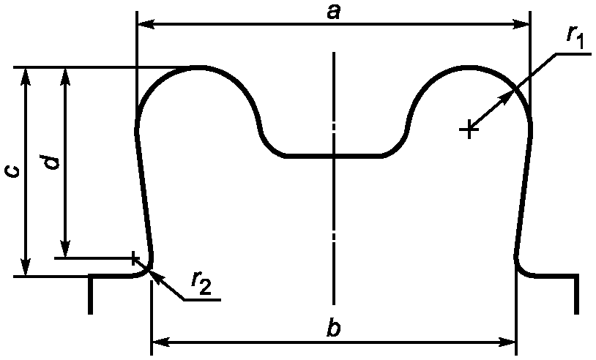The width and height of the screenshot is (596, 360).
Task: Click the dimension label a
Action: point(333,13)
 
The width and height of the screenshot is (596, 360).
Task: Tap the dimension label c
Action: point(12,172)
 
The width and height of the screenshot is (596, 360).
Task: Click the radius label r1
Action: point(575,37)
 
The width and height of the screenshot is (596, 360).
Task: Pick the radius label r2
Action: point(201,284)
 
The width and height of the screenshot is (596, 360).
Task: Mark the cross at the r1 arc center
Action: point(469,130)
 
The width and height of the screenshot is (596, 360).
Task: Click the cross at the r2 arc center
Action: point(133,258)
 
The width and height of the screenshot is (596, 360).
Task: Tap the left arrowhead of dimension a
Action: point(145,25)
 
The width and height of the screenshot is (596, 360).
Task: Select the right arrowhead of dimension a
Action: point(521,25)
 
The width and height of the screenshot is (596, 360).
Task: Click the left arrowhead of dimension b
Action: point(160,342)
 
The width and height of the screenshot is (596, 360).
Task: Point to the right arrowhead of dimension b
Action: point(507,342)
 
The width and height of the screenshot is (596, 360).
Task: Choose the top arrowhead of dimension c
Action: point(26,76)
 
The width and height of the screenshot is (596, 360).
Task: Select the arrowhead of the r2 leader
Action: point(157,277)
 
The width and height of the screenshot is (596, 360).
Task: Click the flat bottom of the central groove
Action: point(334,156)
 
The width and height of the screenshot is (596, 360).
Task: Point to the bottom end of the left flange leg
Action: point(90,314)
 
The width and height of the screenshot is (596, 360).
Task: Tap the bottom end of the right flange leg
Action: point(577,314)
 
